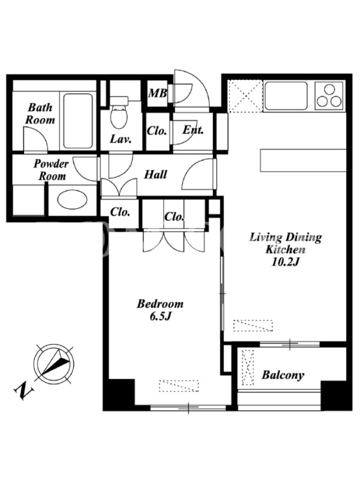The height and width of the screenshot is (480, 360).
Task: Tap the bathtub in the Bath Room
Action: click(78, 121)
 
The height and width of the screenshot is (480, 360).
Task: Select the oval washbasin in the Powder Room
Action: click(72, 200)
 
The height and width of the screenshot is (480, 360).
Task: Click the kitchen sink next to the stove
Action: click(286, 95)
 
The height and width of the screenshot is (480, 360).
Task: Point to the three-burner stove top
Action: click(329, 95)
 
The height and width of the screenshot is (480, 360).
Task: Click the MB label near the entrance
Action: click(157, 93)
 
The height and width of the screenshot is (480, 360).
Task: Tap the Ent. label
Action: click(193, 130)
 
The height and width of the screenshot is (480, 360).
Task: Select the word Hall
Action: click(155, 175)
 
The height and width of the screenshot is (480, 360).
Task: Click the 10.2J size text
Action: click(285, 262)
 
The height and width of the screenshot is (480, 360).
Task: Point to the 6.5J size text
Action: click(160, 316)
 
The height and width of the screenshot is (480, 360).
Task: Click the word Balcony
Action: click(283, 375)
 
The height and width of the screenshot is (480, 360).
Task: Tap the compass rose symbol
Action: click(53, 363)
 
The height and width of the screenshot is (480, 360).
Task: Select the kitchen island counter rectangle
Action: click(303, 160)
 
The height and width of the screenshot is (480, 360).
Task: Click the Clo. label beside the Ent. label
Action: click(157, 131)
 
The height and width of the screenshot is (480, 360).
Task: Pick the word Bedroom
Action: click(160, 304)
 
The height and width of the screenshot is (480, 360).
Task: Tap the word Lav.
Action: click(121, 139)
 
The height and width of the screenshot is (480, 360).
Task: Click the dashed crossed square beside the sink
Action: click(245, 96)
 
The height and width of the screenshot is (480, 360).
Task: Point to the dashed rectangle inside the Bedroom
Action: click(179, 386)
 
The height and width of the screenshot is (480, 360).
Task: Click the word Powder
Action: click(51, 164)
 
